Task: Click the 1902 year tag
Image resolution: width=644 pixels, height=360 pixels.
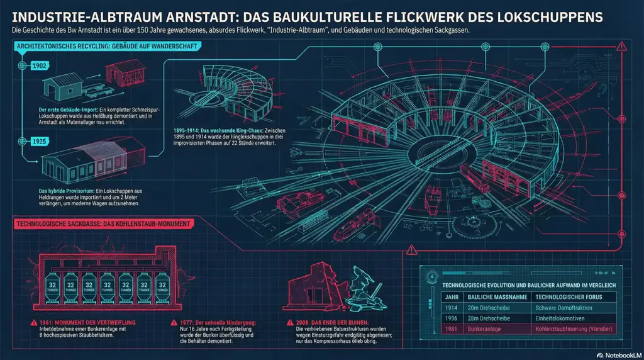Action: point(39,65)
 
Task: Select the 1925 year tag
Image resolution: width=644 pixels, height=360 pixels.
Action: point(39,142)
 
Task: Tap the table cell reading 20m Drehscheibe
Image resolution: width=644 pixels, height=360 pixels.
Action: point(491,307)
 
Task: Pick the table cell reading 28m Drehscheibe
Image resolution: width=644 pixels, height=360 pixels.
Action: point(491,318)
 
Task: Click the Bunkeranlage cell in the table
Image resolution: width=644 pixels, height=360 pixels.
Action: point(487,329)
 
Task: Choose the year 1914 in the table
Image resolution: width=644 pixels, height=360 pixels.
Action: point(451,307)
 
